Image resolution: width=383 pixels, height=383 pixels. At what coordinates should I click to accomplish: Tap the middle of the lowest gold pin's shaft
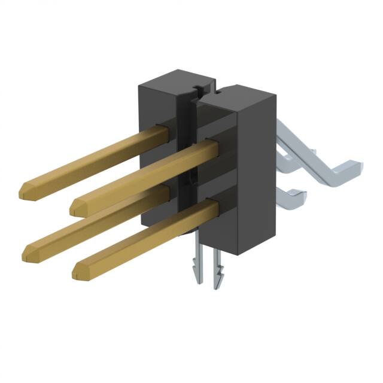click(144, 239)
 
